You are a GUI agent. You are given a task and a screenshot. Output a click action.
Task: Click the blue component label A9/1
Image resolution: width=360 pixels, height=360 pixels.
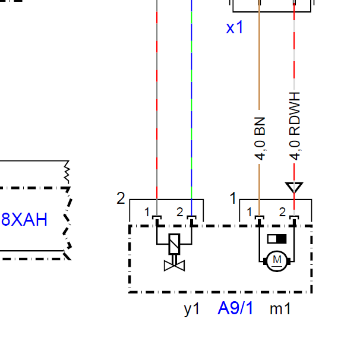tap(235, 308)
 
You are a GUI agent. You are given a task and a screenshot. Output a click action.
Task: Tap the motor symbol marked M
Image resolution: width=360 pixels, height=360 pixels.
tap(277, 261)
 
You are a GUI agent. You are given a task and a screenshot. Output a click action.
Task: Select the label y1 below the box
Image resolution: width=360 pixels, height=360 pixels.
tap(192, 310)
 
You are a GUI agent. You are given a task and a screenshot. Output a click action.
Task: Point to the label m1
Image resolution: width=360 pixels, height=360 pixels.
tap(280, 309)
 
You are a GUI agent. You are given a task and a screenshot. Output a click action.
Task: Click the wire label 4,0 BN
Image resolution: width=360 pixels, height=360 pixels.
tap(260, 138)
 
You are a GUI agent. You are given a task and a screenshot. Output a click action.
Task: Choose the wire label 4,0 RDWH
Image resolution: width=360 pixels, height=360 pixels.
tap(295, 126)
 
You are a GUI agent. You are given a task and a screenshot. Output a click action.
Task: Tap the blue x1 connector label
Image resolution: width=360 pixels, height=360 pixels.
tap(235, 27)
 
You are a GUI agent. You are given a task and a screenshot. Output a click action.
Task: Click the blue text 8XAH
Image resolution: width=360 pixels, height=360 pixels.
tap(24, 219)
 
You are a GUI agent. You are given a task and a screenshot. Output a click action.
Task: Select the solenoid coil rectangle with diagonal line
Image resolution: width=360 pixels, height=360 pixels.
tap(174, 244)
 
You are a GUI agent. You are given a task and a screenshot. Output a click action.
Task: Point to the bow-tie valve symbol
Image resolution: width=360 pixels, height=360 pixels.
tap(174, 266)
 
